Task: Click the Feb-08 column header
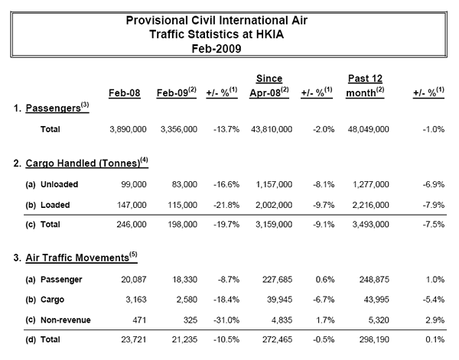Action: point(125,93)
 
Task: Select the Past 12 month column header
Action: point(365,86)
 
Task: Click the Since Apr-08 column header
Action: point(269,86)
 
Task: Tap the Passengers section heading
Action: point(57,107)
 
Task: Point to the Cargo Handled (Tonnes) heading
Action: point(86,163)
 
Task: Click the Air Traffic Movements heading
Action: point(81,258)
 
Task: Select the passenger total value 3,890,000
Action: point(128,129)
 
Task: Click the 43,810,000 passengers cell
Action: point(272,129)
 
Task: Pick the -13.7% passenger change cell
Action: point(226,129)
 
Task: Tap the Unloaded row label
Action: point(59,184)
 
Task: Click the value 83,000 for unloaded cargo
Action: point(184,184)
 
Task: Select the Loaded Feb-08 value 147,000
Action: point(132,205)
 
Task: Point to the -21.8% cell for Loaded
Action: point(226,205)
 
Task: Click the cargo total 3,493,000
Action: point(370,224)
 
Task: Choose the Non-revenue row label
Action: point(66,320)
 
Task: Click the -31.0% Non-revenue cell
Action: point(226,320)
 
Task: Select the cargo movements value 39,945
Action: point(279,300)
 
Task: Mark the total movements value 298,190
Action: point(374,339)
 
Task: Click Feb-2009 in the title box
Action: point(216,49)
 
